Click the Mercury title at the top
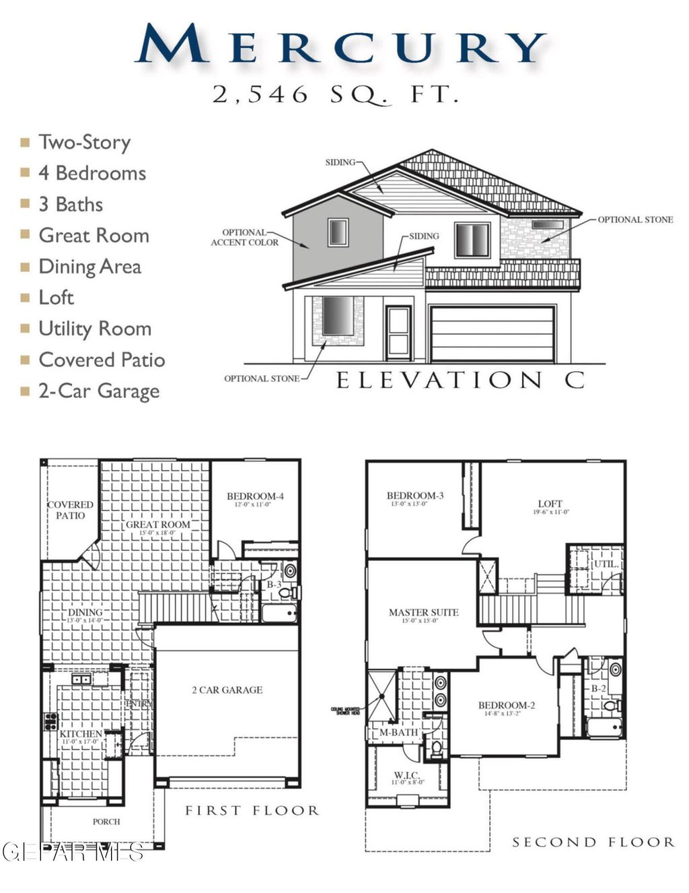pos(340,45)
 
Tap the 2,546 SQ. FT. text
pos(336,94)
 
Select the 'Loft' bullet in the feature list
pos(56,298)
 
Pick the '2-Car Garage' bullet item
pos(98,391)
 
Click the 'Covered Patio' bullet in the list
pos(102,360)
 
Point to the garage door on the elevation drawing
pos(492,334)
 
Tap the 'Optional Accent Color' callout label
pos(244,238)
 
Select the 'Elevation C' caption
pos(460,381)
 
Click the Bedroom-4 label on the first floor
pos(255,496)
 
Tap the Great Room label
pos(158,525)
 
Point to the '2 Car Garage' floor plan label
pos(227,690)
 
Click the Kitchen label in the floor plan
pos(81,733)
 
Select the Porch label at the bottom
pos(106,822)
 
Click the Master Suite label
pos(423,612)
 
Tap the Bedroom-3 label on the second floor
pos(415,496)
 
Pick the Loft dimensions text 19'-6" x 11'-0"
pos(550,512)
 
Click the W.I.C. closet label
pos(408,775)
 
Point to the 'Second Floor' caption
pos(593,842)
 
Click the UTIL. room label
pos(606,564)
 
